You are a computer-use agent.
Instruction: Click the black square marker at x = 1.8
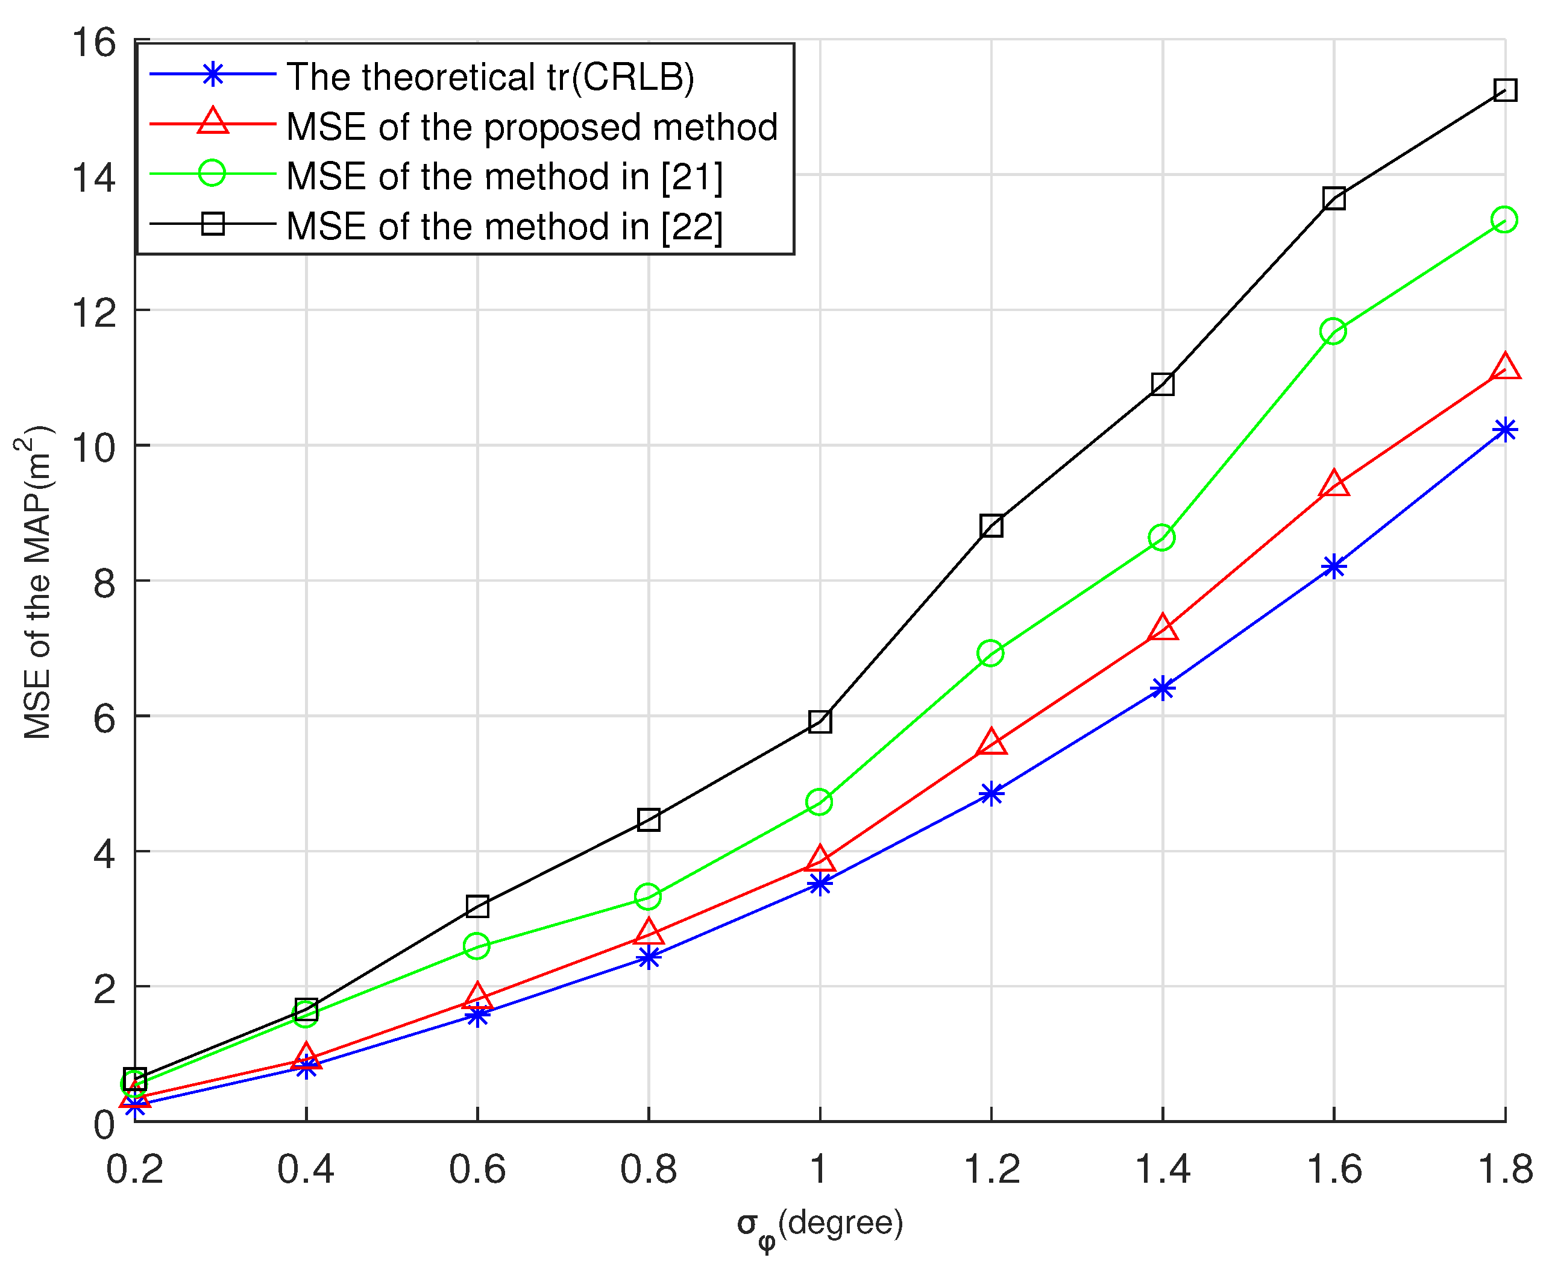[x=1505, y=91]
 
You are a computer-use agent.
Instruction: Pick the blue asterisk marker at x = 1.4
[x=1163, y=688]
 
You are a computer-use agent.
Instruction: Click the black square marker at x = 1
[x=820, y=721]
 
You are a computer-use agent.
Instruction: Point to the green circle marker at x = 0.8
[x=648, y=896]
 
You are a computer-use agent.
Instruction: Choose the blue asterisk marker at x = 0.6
[x=477, y=1015]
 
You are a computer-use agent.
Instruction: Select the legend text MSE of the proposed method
[x=531, y=127]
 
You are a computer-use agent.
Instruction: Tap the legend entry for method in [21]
[x=504, y=177]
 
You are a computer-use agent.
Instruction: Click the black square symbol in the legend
[x=213, y=223]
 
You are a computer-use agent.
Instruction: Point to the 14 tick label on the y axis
[x=93, y=178]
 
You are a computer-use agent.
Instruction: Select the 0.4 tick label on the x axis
[x=306, y=1169]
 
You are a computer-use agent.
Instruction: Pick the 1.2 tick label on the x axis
[x=992, y=1169]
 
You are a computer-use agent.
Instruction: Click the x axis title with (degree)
[x=820, y=1226]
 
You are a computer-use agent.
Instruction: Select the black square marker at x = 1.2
[x=991, y=526]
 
